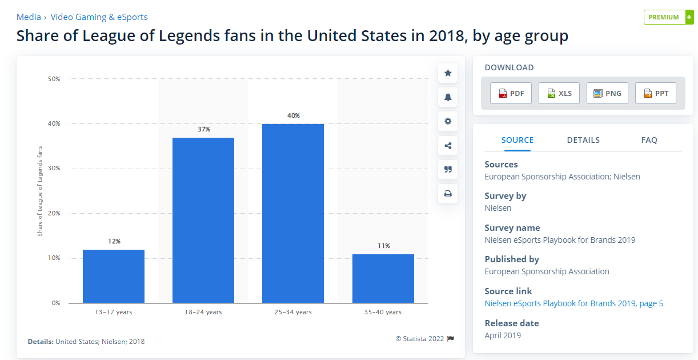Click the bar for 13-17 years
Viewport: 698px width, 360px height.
114,276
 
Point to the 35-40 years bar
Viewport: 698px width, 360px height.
383,278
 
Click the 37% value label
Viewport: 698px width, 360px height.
203,130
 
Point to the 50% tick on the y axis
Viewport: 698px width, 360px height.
54,79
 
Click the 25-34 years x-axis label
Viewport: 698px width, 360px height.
293,312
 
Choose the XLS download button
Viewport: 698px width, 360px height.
559,93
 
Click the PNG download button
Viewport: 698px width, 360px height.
607,93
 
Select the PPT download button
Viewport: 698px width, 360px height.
656,93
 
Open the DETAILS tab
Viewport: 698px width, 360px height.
583,140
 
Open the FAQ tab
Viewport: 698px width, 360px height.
649,140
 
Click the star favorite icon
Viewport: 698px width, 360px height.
448,73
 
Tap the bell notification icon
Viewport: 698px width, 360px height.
448,97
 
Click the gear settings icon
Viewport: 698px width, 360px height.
448,121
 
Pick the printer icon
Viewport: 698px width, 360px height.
448,194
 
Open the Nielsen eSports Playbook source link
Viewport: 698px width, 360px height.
573,303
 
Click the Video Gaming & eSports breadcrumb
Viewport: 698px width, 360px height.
99,17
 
